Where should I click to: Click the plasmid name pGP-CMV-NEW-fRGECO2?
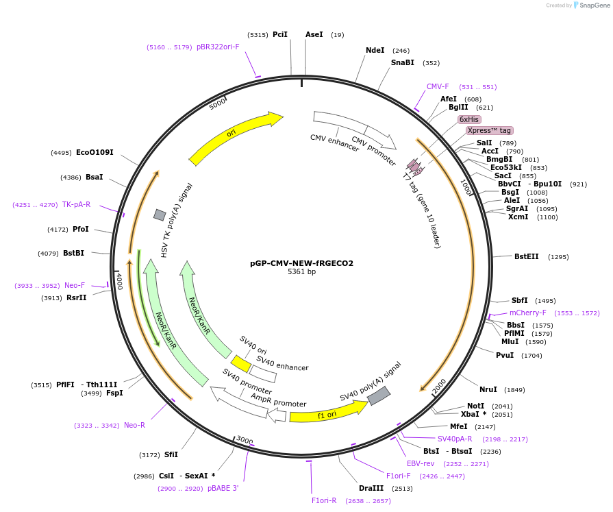click(x=301, y=263)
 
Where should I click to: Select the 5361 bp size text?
click(x=301, y=272)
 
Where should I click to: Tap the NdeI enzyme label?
click(x=375, y=50)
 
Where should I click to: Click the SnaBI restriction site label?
click(x=403, y=62)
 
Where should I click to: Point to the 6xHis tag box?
click(x=469, y=119)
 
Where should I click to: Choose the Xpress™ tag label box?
click(x=489, y=130)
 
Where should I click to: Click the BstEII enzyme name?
click(x=527, y=256)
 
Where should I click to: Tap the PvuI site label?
click(x=505, y=355)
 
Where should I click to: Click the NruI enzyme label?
click(x=488, y=389)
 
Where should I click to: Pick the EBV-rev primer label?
click(x=421, y=463)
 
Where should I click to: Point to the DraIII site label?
click(x=371, y=489)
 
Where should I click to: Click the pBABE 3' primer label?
click(x=223, y=489)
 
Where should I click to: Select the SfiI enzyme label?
click(x=171, y=454)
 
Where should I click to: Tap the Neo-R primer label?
click(x=134, y=425)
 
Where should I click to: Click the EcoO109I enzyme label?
click(x=95, y=152)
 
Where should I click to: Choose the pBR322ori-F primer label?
click(x=218, y=47)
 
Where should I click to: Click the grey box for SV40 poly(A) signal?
click(x=379, y=395)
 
